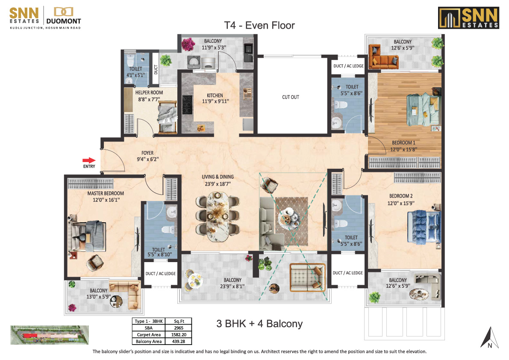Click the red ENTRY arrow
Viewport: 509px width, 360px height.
[89, 160]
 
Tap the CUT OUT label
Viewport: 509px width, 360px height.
[291, 97]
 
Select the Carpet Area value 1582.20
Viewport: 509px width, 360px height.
[179, 335]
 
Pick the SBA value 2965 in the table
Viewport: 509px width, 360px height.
[179, 328]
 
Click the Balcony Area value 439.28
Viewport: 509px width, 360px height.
[179, 342]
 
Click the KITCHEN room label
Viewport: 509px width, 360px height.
[215, 95]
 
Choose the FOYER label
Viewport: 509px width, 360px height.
[147, 153]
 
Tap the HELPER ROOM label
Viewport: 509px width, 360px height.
[149, 92]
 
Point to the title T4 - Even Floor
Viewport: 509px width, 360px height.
[259, 25]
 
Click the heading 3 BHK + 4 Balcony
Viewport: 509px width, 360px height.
[259, 324]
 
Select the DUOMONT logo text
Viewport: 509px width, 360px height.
[64, 21]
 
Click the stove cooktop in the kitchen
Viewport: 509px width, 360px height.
[187, 104]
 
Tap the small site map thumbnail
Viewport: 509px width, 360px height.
[50, 335]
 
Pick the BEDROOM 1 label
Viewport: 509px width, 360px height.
[403, 143]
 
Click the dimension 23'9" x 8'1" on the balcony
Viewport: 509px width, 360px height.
[232, 286]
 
